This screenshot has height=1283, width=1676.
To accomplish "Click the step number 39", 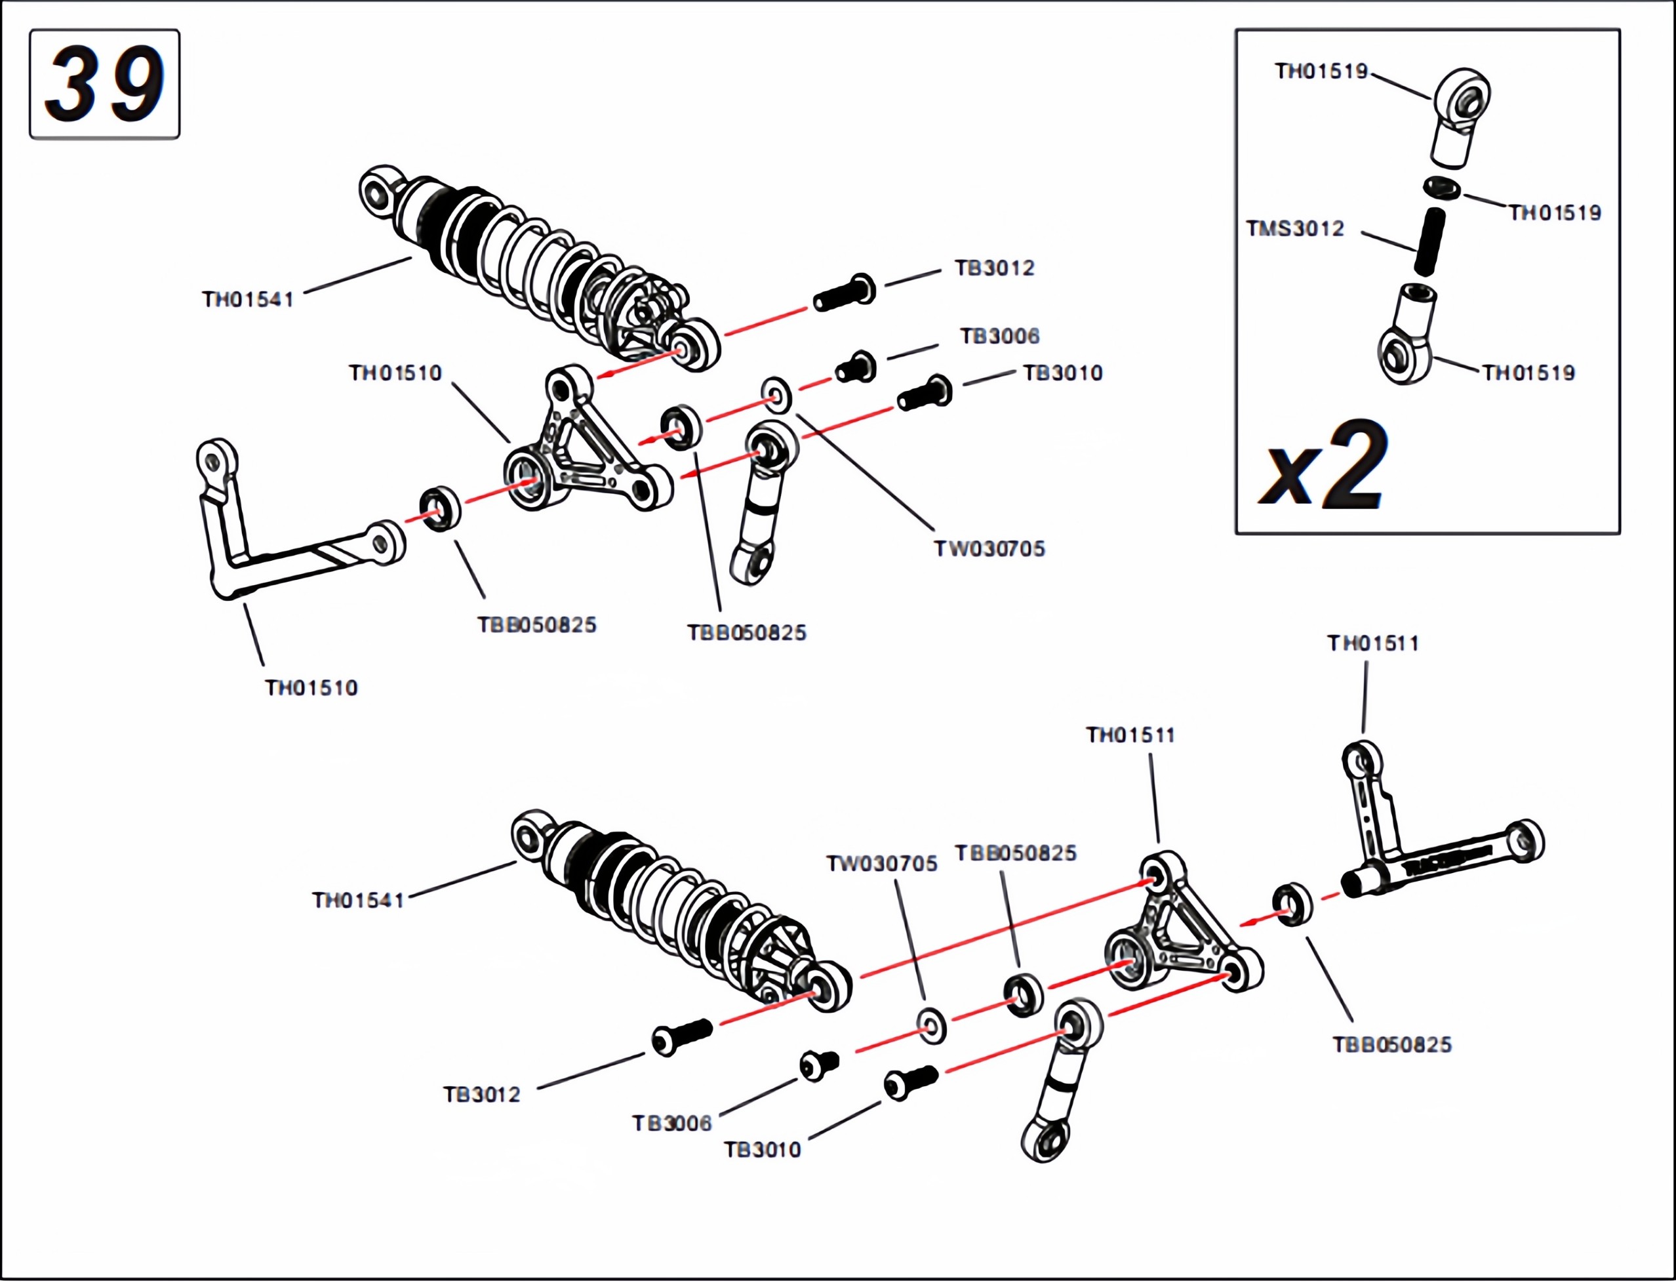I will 105,84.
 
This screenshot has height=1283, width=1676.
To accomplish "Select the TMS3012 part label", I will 1295,228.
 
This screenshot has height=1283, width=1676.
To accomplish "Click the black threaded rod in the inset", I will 1429,241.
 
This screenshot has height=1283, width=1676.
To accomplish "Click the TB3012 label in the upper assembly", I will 994,268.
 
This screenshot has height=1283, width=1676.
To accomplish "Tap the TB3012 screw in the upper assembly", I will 845,293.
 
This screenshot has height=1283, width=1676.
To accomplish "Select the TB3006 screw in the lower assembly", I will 819,1065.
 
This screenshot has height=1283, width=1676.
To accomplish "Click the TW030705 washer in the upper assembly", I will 776,395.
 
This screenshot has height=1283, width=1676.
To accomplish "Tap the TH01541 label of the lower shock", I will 357,901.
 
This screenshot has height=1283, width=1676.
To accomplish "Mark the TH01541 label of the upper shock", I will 247,299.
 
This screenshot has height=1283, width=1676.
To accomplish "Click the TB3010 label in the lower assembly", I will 762,1149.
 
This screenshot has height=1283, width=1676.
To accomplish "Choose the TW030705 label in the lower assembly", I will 881,864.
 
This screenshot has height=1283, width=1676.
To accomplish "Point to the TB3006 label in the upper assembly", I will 999,336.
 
